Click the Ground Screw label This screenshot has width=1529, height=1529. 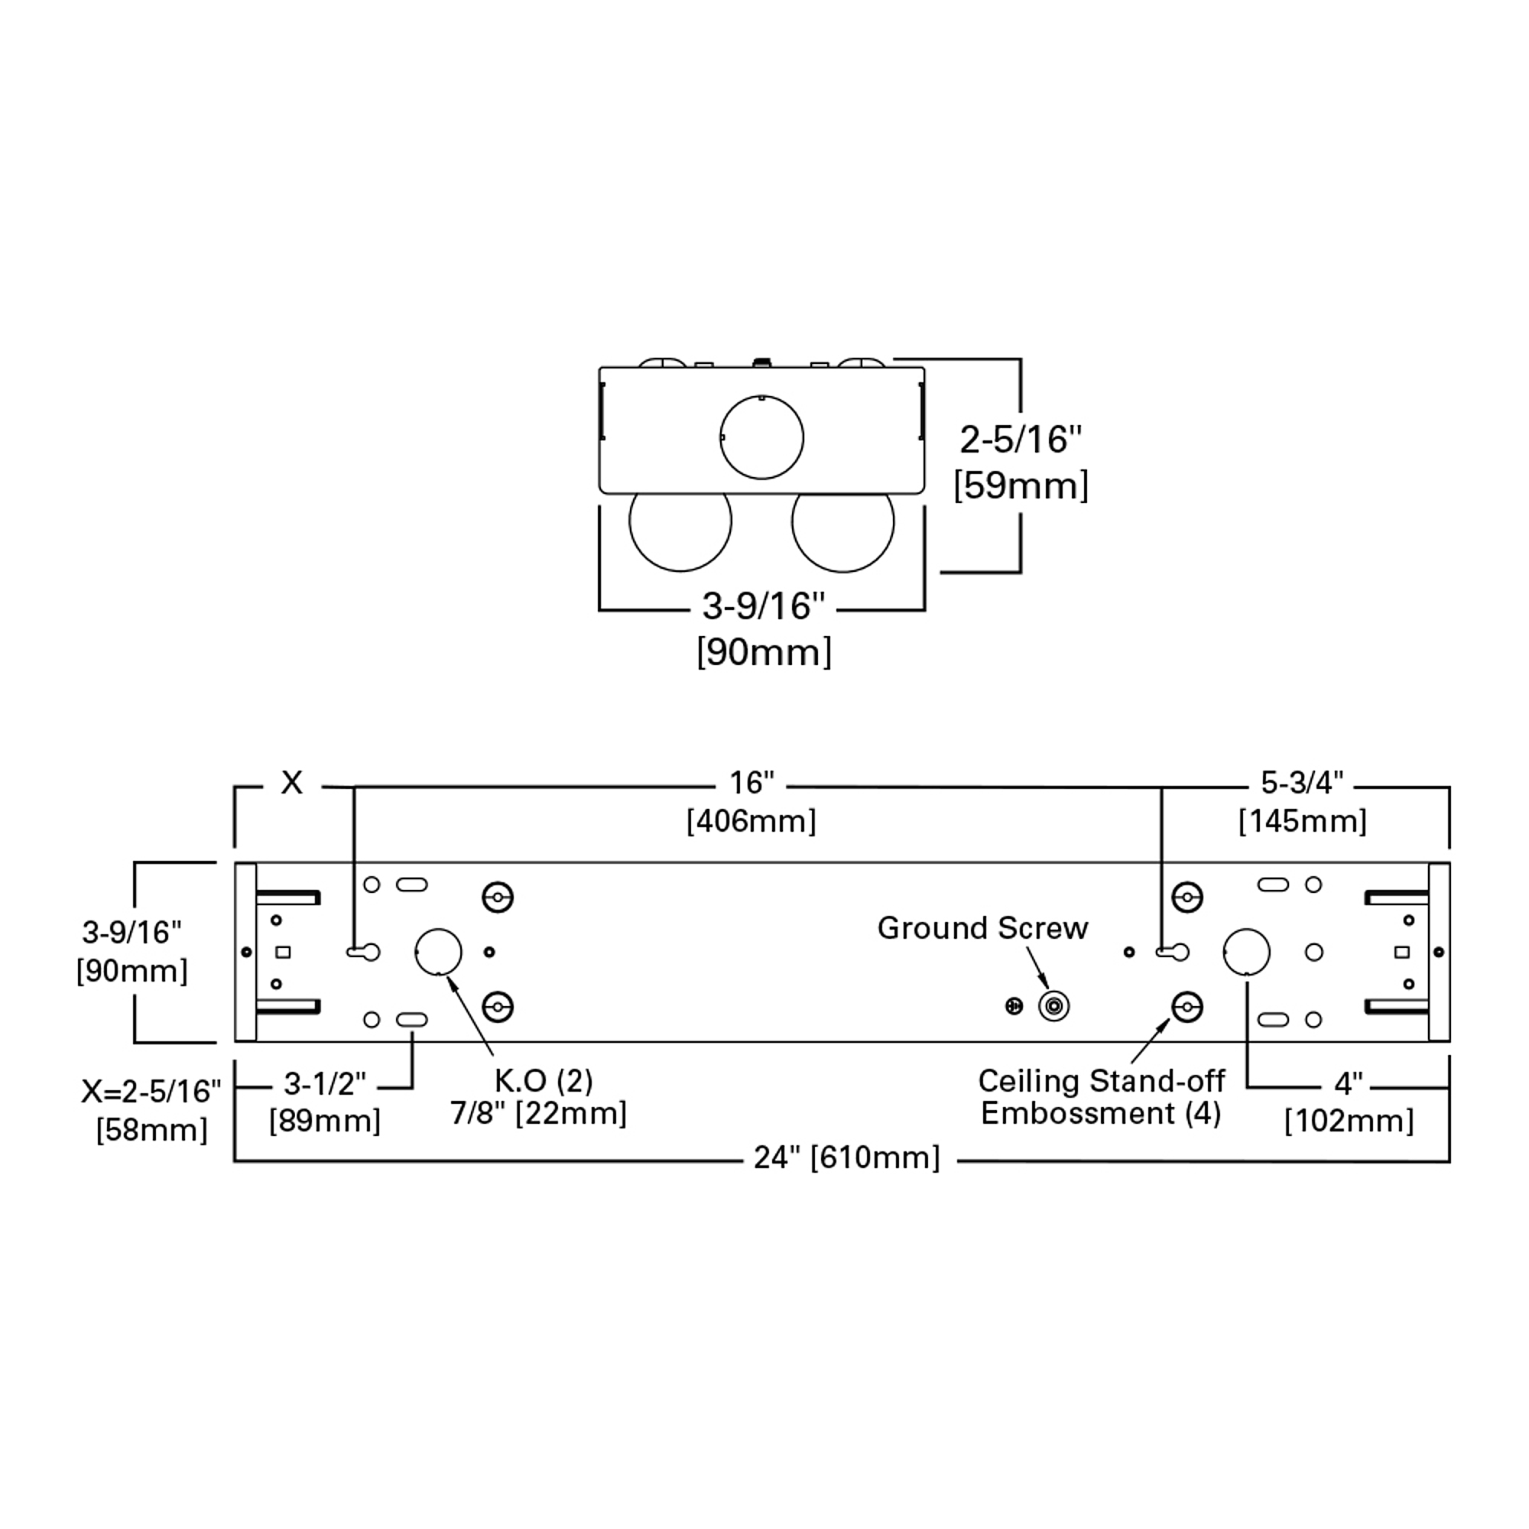[982, 927]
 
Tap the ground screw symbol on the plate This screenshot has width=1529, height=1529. [1054, 1007]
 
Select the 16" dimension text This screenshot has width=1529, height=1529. [751, 783]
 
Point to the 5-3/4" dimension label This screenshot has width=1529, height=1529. [1302, 783]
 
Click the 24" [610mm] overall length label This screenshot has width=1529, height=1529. [847, 1157]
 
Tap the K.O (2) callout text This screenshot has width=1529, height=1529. [544, 1080]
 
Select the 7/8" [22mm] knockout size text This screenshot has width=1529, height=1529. [539, 1114]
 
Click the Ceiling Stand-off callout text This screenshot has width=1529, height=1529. [1101, 1080]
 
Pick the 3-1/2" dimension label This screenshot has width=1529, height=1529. [325, 1083]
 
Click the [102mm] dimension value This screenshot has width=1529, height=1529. [1349, 1121]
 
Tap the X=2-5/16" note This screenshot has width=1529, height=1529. [151, 1092]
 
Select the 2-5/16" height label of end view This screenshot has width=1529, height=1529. [1020, 440]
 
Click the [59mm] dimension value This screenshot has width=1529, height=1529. [1021, 485]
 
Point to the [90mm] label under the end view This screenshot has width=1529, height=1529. [764, 652]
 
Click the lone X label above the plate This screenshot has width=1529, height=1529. [292, 783]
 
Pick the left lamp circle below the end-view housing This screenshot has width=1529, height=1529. [680, 570]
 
